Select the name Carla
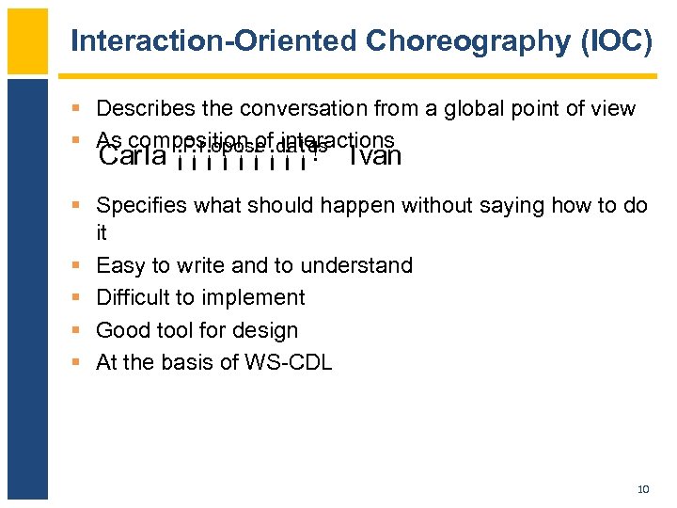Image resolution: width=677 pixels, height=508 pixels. (133, 156)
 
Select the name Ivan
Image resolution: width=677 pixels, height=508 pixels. (374, 156)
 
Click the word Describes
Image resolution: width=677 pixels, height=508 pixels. (141, 109)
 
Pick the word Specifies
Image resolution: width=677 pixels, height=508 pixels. (139, 205)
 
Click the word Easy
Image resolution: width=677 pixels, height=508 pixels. (118, 266)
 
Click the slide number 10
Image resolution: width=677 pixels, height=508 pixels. (643, 489)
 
